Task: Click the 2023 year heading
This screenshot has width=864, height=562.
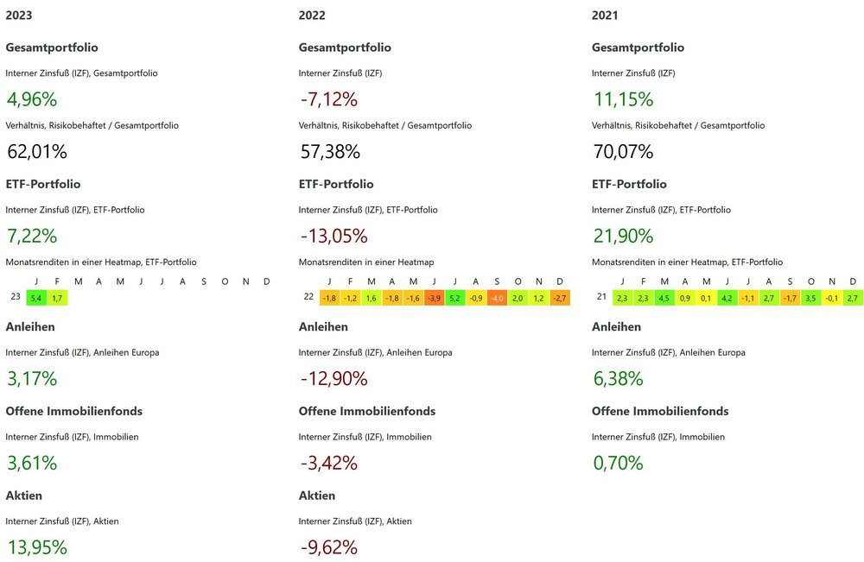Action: pyautogui.click(x=20, y=16)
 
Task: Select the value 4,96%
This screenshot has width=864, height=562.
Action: pyautogui.click(x=32, y=98)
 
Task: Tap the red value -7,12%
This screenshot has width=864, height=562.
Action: pyautogui.click(x=328, y=98)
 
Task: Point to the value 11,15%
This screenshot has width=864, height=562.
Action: pyautogui.click(x=622, y=98)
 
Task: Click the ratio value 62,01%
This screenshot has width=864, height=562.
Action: pyautogui.click(x=36, y=152)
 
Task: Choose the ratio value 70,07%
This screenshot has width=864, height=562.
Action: pyautogui.click(x=623, y=152)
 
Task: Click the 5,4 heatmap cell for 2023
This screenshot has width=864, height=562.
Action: pyautogui.click(x=36, y=298)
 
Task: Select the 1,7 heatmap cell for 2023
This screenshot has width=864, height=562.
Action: pyautogui.click(x=57, y=298)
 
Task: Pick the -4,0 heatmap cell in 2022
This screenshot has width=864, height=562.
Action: pyautogui.click(x=497, y=298)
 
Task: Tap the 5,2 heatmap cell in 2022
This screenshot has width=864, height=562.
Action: pyautogui.click(x=454, y=298)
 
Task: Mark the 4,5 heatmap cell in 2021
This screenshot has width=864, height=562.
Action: pyautogui.click(x=664, y=298)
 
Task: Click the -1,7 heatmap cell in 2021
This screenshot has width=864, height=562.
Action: pyautogui.click(x=790, y=298)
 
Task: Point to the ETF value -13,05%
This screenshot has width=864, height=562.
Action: pyautogui.click(x=333, y=236)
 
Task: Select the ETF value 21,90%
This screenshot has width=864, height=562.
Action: pyautogui.click(x=622, y=236)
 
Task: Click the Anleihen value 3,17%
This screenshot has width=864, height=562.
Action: pyautogui.click(x=32, y=378)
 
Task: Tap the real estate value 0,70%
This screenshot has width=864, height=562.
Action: pyautogui.click(x=618, y=463)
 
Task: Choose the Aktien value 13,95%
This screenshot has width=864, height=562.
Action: pyautogui.click(x=36, y=546)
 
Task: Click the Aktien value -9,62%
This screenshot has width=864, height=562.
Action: pyautogui.click(x=328, y=546)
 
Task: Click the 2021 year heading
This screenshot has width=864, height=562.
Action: pyautogui.click(x=605, y=16)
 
